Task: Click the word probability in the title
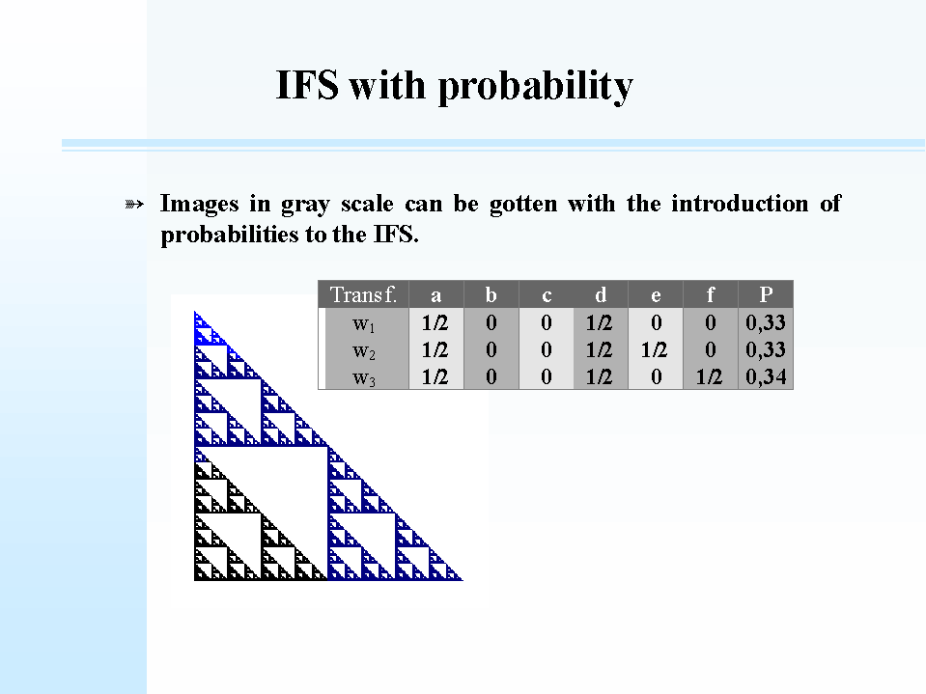535,86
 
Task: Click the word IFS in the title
307,84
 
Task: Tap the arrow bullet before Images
134,205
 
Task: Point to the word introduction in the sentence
740,203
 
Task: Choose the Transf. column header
363,293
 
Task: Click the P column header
766,293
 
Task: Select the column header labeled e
656,295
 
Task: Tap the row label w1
363,324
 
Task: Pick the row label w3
363,378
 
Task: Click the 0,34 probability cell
766,376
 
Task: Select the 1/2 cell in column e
655,350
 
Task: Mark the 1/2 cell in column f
710,376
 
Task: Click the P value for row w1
766,322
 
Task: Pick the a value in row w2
435,350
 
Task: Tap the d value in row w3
599,376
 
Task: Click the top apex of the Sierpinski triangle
195,312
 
